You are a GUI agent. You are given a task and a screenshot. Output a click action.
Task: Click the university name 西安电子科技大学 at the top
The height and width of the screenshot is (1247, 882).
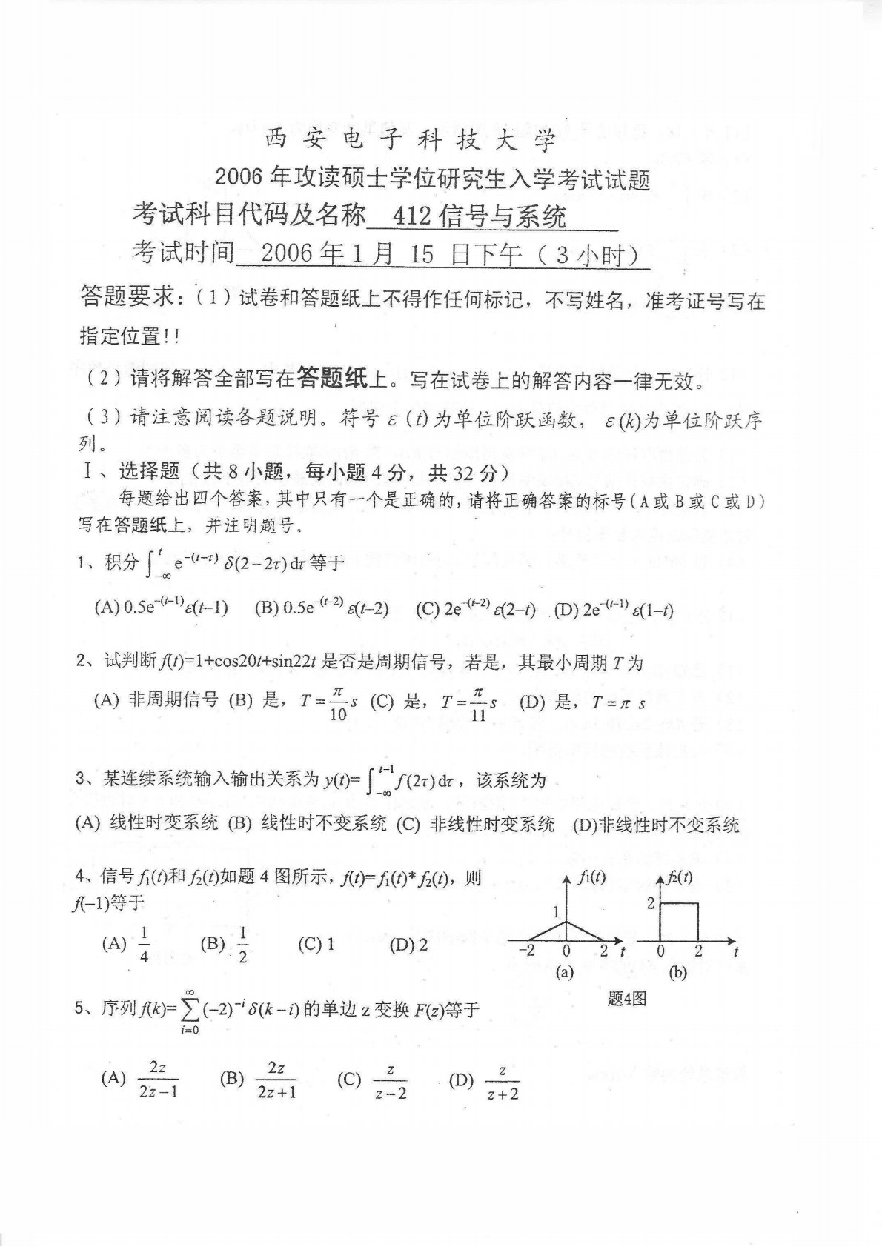coord(410,140)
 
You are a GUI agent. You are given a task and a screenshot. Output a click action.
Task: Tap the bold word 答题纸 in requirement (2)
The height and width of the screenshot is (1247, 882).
coord(331,379)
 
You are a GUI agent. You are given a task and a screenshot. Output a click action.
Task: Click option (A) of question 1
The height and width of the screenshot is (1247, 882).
coord(161,608)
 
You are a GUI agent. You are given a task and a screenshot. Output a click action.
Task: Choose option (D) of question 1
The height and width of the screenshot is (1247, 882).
coord(613,609)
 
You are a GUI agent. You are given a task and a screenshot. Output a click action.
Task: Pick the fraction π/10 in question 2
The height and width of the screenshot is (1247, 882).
coord(337,702)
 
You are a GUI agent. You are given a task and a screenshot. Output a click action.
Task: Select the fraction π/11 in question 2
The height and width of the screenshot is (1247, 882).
coord(478,702)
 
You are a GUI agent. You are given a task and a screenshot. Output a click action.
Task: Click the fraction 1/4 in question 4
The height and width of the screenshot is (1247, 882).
coord(144,944)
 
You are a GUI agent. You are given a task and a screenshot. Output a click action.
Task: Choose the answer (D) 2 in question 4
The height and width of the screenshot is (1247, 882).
coord(408,944)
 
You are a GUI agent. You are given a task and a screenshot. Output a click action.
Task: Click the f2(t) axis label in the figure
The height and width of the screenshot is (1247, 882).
coord(679,877)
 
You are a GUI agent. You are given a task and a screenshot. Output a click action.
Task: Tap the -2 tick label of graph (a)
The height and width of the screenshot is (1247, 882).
coord(527,951)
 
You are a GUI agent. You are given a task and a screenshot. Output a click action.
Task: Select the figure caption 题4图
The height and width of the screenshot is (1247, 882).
coord(627,998)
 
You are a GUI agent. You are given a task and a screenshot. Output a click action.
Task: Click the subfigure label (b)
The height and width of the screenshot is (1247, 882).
coord(677,974)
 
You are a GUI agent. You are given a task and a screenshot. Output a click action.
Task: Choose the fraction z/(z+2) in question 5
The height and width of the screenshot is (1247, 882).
coord(503,1082)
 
